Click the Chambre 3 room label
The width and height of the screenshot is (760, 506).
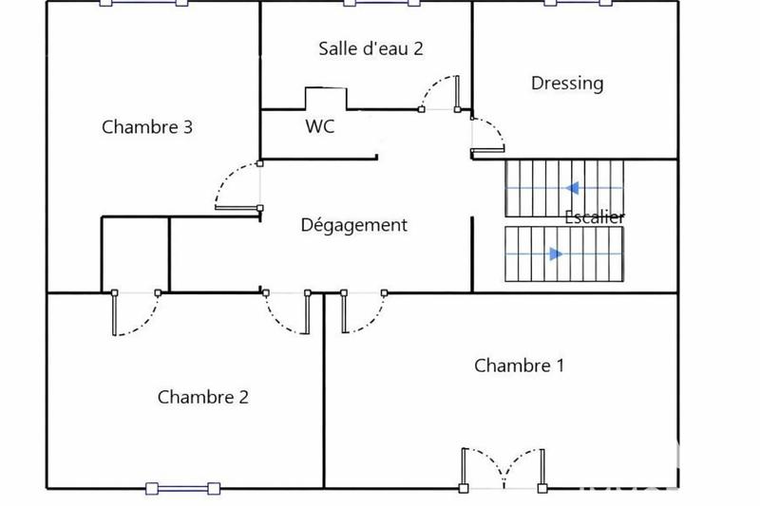[x=147, y=126]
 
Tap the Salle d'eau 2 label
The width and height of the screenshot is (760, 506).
[x=370, y=49]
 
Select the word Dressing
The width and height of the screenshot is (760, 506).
[x=567, y=84]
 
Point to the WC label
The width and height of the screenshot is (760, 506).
[x=319, y=125]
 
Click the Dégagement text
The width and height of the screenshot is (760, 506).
[x=353, y=225]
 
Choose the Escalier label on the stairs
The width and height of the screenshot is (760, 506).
[x=595, y=216]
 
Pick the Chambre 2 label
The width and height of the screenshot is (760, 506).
[x=202, y=397]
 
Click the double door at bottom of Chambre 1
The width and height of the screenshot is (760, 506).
[x=503, y=467]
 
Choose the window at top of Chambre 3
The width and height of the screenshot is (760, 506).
[x=138, y=3]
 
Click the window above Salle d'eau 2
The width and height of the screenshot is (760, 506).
[x=368, y=3]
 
